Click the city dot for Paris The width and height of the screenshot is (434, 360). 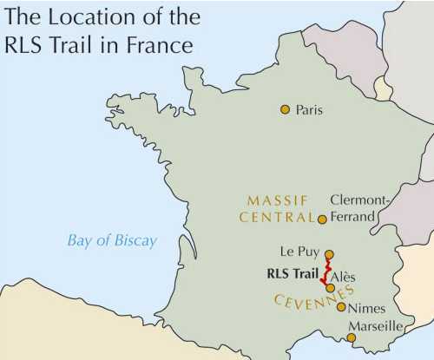[284, 109]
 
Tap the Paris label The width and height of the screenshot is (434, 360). [309, 110]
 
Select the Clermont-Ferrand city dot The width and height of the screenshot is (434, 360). [322, 219]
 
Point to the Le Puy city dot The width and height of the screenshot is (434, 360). [328, 254]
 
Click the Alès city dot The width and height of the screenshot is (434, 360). [331, 287]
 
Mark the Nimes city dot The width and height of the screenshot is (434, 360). [341, 306]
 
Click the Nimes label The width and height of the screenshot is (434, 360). [367, 307]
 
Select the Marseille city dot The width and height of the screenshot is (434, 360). [351, 337]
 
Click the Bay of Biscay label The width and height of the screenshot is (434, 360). [113, 240]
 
